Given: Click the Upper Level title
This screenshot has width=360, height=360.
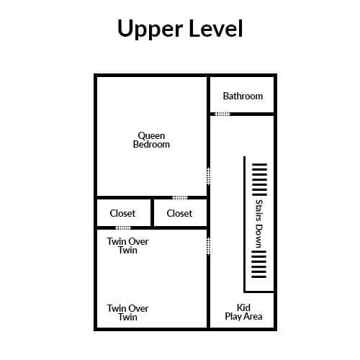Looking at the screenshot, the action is point(180,29).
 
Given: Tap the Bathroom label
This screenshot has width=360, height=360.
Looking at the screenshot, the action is point(243,96).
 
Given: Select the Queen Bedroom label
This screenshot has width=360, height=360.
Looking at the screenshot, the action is point(151,140).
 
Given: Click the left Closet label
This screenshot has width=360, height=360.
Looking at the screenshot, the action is point(122,213).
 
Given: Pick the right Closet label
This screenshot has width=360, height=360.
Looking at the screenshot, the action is point(179,213).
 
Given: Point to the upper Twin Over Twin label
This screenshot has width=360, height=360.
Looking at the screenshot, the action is point(127,246).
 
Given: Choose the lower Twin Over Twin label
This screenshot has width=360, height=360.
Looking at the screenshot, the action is point(127,312).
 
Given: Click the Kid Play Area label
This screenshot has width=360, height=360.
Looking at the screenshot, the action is point(243,312).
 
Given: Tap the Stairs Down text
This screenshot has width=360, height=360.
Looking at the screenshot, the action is point(259,223).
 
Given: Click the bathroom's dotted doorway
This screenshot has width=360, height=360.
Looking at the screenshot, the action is point(222,114).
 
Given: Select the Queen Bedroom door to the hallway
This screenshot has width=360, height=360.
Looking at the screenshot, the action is point(209,176).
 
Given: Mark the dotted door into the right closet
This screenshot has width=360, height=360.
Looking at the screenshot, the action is point(180,197).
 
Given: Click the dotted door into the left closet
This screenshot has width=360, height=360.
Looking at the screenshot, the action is point(123,228).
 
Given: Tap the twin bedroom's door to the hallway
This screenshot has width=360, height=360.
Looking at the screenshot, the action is point(209,246).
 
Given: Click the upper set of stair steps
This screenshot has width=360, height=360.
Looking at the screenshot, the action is point(259,179).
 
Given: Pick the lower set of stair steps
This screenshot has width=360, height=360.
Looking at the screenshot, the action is point(258,264).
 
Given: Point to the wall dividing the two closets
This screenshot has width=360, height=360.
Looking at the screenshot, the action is point(152,212).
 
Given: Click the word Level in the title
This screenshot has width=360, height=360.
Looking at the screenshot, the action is point(216,28).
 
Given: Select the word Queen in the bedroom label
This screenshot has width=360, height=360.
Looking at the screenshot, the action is point(151,136).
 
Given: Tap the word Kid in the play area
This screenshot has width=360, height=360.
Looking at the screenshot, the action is point(243,307).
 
